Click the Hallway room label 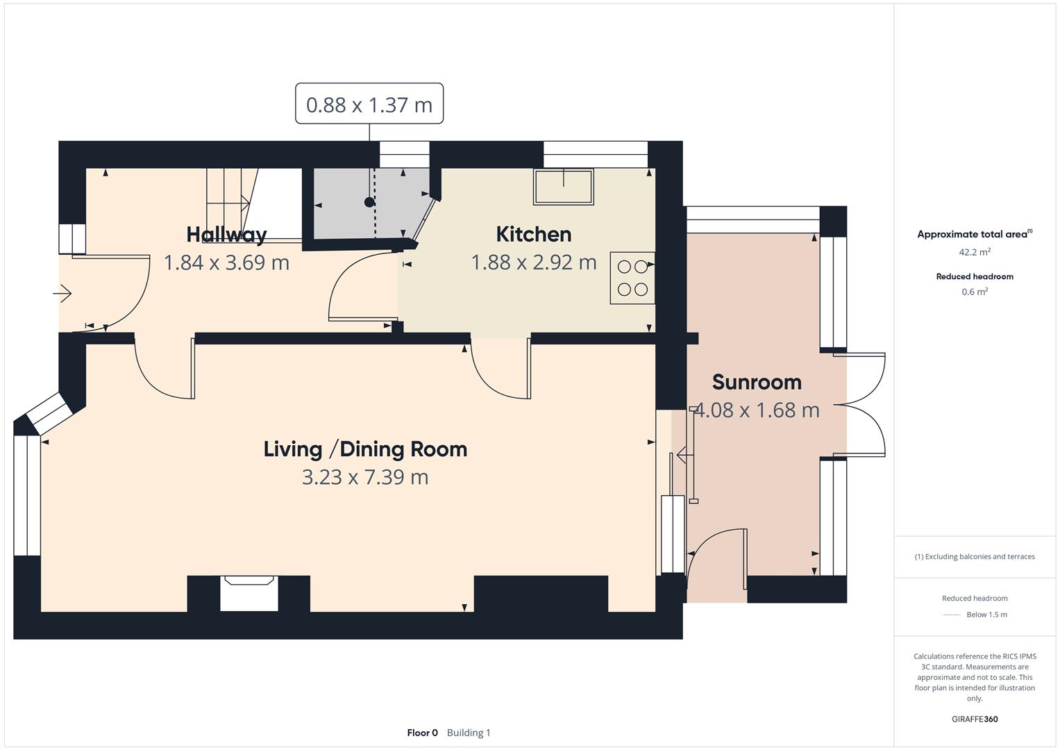(x=226, y=235)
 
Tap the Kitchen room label (x=533, y=235)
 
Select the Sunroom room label (x=757, y=382)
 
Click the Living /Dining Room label (x=365, y=449)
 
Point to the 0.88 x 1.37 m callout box (x=369, y=104)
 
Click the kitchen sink (x=563, y=187)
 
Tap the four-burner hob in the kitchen (x=632, y=278)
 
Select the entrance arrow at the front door (x=62, y=294)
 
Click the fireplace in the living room (x=249, y=594)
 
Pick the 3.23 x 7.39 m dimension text (x=365, y=478)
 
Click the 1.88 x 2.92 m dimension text (x=533, y=262)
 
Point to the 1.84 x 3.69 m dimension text (x=226, y=262)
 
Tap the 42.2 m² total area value (x=975, y=252)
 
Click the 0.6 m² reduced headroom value (x=975, y=292)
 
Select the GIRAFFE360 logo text (x=975, y=719)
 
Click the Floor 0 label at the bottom (x=422, y=733)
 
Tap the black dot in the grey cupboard (x=369, y=203)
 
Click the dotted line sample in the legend (x=952, y=615)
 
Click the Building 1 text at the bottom (x=469, y=733)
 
